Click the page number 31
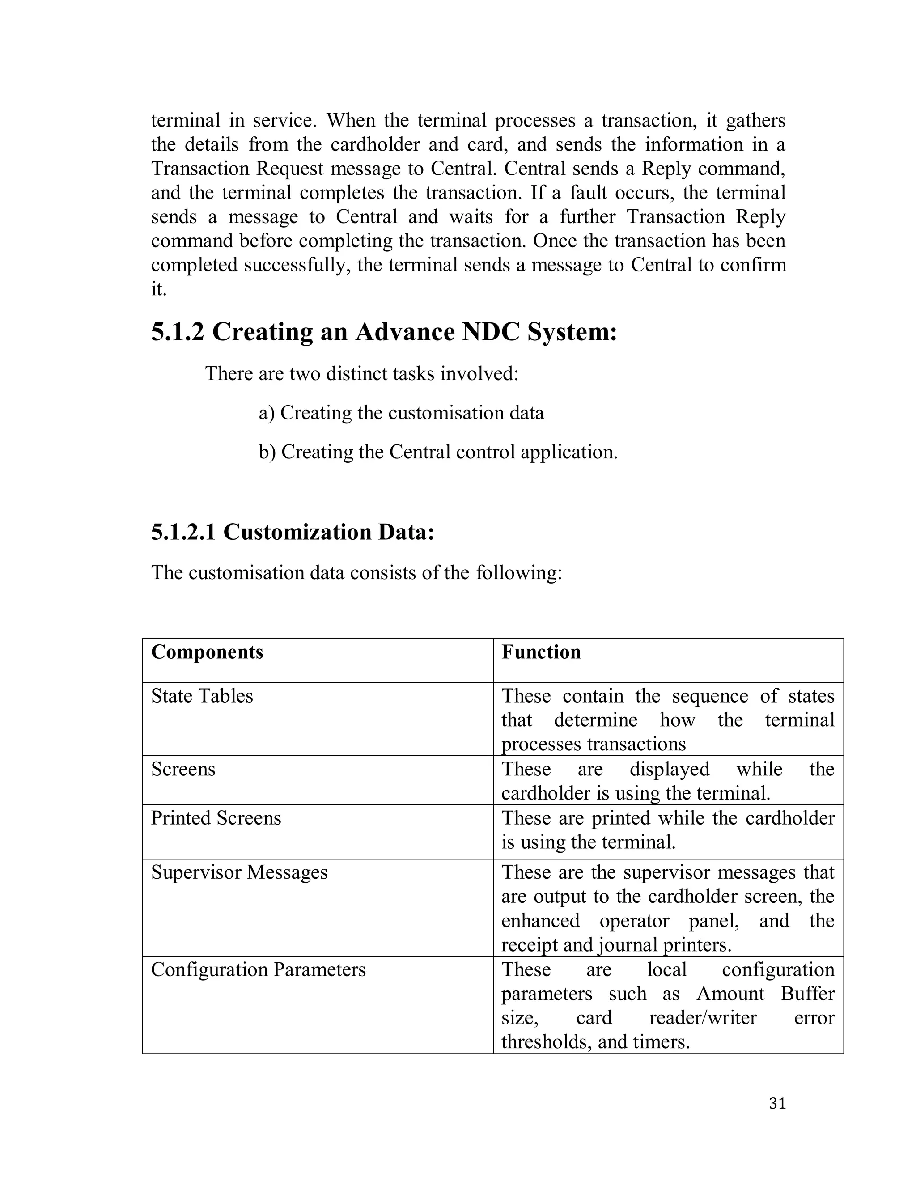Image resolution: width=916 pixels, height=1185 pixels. click(777, 1104)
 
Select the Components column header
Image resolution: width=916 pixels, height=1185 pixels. click(207, 652)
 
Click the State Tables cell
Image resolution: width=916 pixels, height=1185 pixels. click(202, 696)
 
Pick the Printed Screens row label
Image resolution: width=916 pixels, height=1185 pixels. click(216, 818)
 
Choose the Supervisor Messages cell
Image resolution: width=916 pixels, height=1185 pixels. click(239, 872)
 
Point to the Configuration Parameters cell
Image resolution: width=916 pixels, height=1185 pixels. click(259, 969)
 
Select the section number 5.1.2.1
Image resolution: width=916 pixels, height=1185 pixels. click(183, 532)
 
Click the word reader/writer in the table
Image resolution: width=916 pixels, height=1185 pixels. click(702, 1018)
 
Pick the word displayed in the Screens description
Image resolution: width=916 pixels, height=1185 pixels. click(669, 770)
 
